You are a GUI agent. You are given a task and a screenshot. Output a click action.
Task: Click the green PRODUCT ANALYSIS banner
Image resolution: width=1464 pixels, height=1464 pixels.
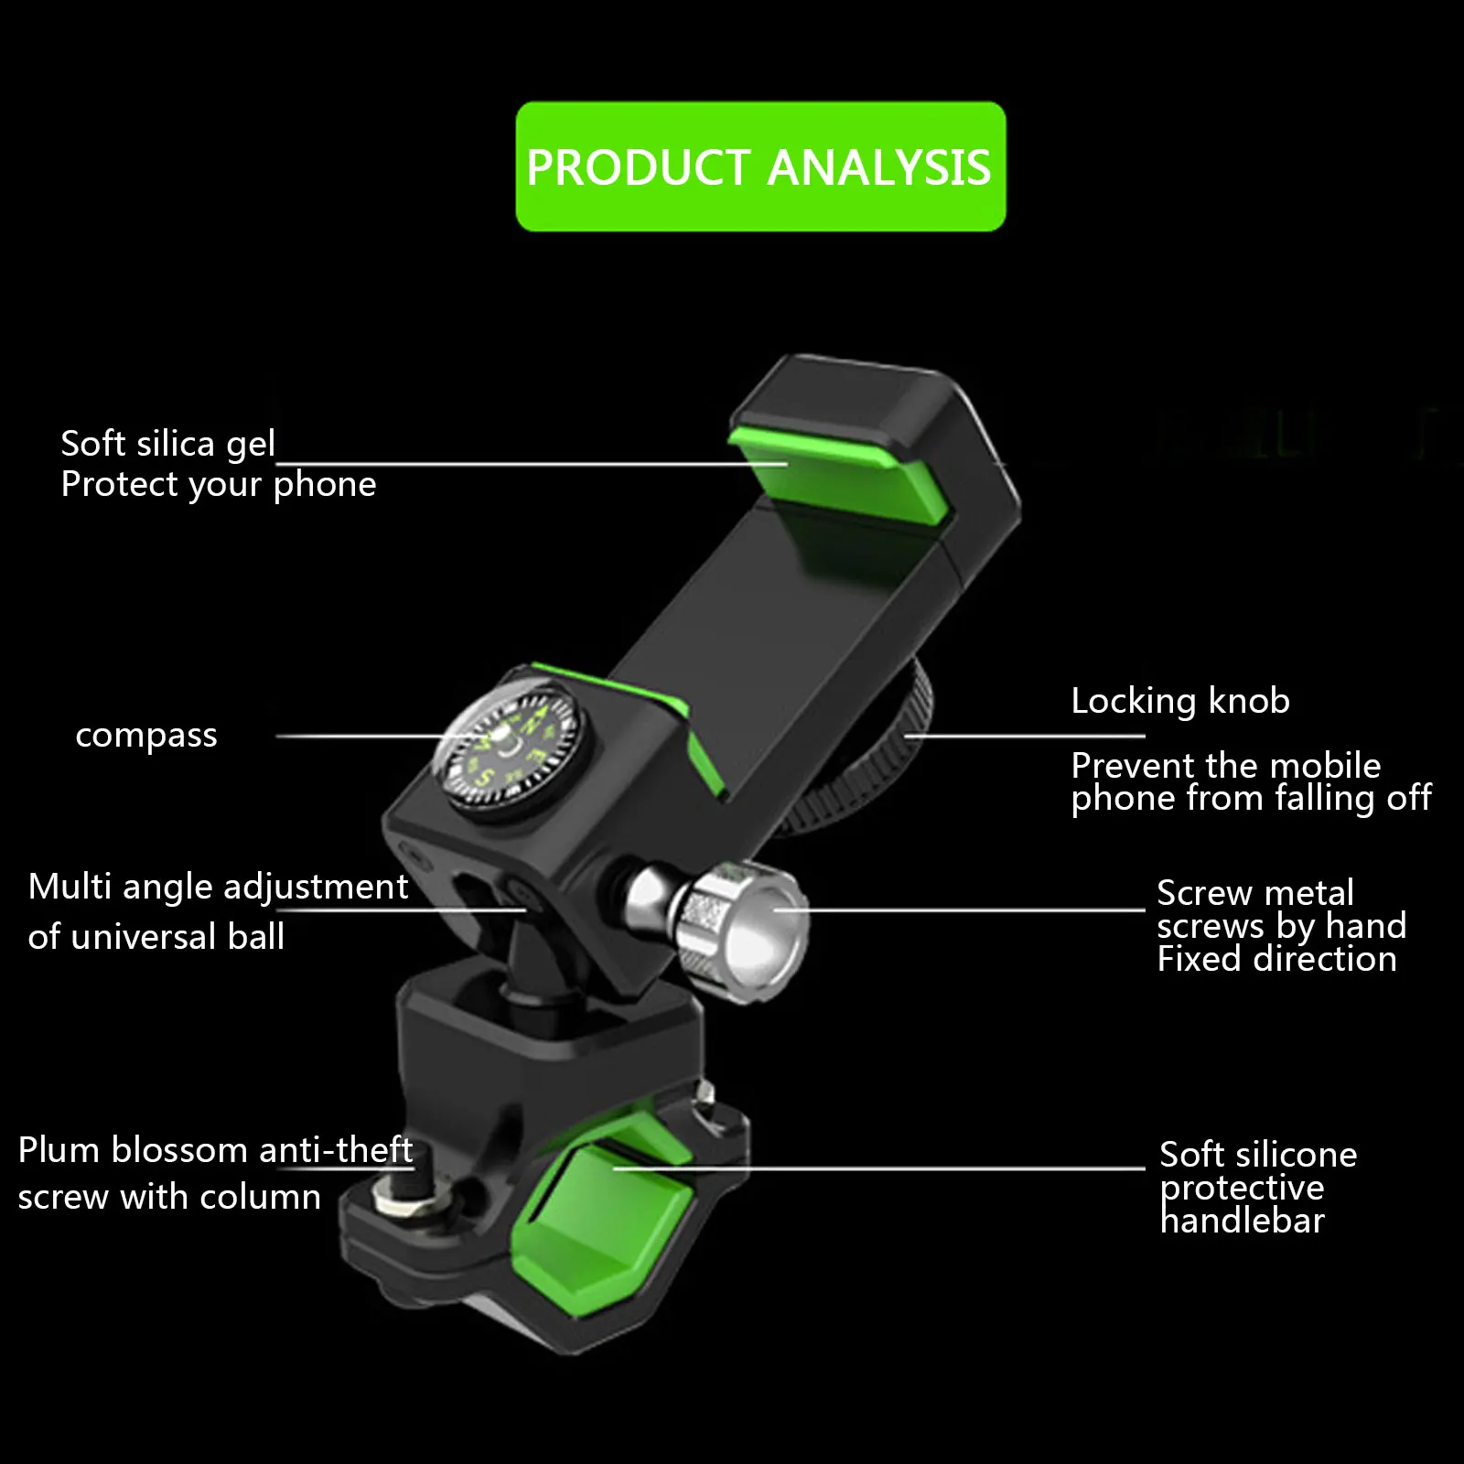[760, 167]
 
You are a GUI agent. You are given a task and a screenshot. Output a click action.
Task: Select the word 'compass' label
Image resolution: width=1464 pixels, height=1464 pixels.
[146, 736]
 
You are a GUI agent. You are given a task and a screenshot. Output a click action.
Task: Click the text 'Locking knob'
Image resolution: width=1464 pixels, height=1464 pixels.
[1180, 701]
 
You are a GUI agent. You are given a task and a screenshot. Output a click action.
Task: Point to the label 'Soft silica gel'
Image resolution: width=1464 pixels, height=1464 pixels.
[167, 444]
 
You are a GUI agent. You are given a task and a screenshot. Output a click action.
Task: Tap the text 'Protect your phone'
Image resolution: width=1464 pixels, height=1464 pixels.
[218, 485]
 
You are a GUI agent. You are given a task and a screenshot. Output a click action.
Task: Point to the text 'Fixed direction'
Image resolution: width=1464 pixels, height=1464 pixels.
[1276, 959]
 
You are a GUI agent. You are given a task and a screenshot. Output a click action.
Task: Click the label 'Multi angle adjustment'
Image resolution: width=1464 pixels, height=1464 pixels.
[218, 887]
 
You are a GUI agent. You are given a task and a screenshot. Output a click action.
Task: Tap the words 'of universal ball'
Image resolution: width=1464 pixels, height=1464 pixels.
[156, 937]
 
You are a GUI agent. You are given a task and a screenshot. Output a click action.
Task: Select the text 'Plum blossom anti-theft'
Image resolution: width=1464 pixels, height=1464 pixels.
[215, 1150]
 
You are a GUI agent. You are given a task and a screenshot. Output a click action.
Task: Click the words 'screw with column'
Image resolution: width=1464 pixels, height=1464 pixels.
[169, 1197]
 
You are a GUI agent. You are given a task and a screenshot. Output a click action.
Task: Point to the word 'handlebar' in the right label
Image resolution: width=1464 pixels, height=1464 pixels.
[1242, 1221]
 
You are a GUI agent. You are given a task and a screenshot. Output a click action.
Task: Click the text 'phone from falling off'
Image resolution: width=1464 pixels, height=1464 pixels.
[1251, 798]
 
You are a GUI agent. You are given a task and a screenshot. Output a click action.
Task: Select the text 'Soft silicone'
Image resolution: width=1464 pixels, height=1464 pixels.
[1258, 1155]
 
